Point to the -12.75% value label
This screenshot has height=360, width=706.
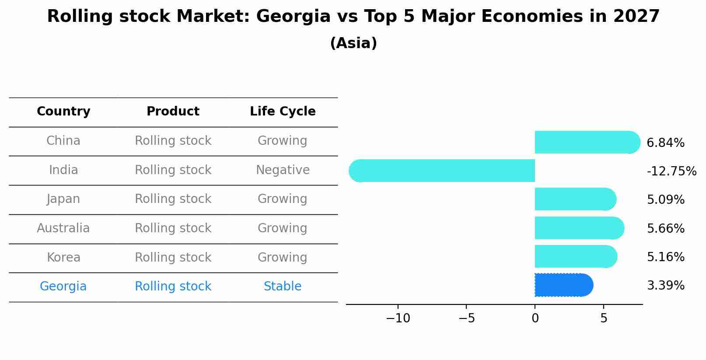point(671,171)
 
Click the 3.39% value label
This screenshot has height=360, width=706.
point(665,286)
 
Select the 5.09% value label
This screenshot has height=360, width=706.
point(665,200)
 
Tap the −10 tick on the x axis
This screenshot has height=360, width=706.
point(398,318)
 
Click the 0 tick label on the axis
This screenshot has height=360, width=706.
point(535,318)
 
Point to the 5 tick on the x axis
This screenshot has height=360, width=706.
point(603,318)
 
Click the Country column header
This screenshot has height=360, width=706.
point(63,112)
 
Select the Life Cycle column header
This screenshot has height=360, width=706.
point(283,112)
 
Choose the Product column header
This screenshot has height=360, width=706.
point(173,112)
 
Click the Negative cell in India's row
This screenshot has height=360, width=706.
point(283,170)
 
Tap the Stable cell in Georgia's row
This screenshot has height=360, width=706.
point(283,287)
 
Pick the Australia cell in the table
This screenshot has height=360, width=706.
point(63,228)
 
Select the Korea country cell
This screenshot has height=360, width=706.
point(63,258)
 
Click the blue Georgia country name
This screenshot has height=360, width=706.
point(63,287)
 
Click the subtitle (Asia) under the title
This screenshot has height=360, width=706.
point(353,43)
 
